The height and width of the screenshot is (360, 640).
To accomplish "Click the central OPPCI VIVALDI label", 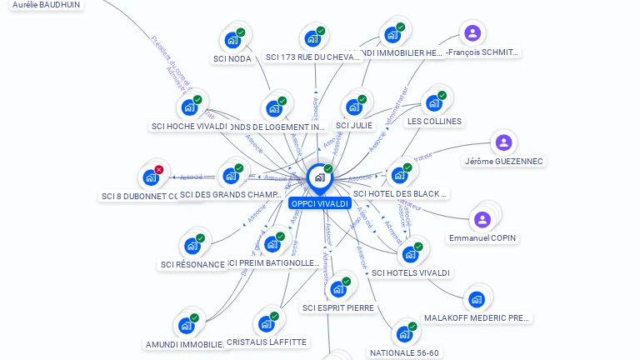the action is tap(319, 203).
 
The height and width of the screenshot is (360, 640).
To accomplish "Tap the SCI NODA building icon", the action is tap(231, 40).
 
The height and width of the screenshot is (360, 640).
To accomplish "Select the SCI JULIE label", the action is tap(354, 125).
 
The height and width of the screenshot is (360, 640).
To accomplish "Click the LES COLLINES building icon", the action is tap(433, 103).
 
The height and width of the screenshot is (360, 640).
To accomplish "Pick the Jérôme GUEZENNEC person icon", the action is tap(502, 143).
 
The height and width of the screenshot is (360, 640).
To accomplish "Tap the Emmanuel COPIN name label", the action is tap(482, 238).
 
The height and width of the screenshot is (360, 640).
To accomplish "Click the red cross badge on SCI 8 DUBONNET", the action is tap(158, 169).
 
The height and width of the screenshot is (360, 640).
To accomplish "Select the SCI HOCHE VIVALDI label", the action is tap(189, 127).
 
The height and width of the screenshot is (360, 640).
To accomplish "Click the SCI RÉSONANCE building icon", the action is tap(192, 246).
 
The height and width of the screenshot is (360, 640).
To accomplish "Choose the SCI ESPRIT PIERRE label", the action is tap(338, 307).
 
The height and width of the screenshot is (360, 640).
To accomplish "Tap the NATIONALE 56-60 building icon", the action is tap(404, 334).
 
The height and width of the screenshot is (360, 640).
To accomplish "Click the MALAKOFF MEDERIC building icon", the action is tap(477, 299).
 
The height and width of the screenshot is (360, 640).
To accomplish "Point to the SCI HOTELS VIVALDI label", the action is tap(411, 272).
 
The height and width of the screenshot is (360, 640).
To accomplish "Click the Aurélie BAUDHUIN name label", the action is tap(47, 5).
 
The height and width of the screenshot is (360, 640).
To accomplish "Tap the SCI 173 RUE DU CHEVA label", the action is tap(312, 57).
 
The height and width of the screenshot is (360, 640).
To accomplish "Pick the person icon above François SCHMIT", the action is tap(472, 33).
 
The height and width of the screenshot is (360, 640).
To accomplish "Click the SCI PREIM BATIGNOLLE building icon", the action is tap(272, 245).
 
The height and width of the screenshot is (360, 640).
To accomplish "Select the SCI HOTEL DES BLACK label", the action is tap(401, 194).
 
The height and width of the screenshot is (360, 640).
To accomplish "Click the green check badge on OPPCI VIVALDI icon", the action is tap(328, 169).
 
